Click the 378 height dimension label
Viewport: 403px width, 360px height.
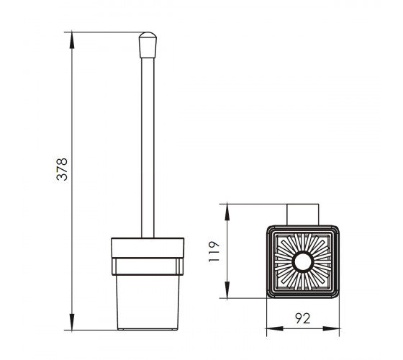(x=62, y=169)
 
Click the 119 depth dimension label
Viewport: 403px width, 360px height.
(x=214, y=251)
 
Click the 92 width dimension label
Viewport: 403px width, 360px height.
(x=302, y=318)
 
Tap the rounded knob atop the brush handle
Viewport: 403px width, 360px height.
(x=148, y=45)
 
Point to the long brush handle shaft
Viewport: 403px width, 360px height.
(x=148, y=148)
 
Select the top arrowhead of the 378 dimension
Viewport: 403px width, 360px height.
(x=72, y=40)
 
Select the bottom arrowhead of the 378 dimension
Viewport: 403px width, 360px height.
(x=72, y=322)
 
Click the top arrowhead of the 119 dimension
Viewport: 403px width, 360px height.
(x=227, y=212)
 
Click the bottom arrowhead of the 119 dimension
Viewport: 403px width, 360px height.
(x=227, y=289)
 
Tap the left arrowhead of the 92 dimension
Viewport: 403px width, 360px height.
(x=275, y=328)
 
